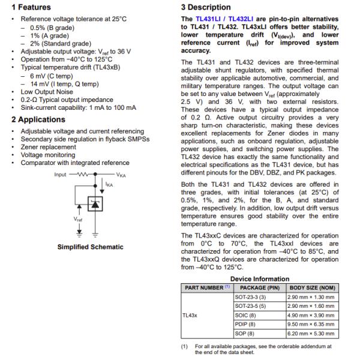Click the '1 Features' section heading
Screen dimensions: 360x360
click(x=30, y=7)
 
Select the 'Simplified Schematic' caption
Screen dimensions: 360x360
click(x=91, y=247)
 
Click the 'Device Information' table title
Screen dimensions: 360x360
click(x=260, y=279)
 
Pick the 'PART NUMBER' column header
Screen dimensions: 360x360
click(x=204, y=287)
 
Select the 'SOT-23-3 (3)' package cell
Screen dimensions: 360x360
click(x=252, y=297)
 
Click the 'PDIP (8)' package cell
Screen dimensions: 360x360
click(x=244, y=324)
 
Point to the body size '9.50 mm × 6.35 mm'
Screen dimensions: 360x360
click(x=312, y=324)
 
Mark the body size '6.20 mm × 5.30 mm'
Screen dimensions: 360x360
click(x=312, y=333)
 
